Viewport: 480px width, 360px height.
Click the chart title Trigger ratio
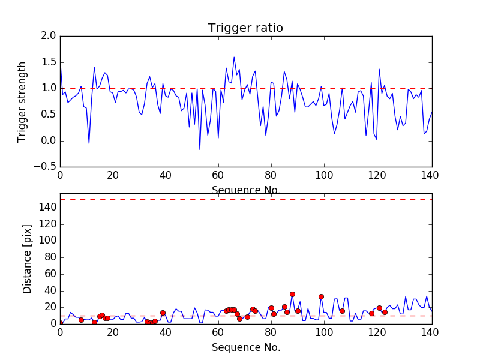click(245, 28)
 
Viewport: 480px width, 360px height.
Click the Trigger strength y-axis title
click(22, 102)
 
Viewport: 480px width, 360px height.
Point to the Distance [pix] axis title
click(27, 259)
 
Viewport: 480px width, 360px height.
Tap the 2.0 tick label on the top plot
click(49, 36)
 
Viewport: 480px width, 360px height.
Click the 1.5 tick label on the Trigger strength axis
click(49, 62)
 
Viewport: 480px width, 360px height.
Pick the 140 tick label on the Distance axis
click(47, 208)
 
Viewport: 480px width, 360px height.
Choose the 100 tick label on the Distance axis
click(47, 241)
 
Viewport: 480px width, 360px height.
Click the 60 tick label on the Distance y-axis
click(50, 274)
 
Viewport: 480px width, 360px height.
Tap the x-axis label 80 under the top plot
click(271, 175)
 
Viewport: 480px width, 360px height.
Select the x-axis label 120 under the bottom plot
click(377, 332)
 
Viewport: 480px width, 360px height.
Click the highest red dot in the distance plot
click(292, 294)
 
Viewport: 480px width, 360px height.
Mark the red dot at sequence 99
click(321, 296)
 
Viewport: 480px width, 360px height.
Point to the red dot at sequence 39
click(163, 313)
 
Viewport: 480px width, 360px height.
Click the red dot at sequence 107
click(342, 311)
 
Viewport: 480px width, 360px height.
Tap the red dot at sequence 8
click(81, 320)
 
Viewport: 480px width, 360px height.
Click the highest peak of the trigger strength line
click(234, 57)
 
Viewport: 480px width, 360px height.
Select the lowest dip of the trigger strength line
click(200, 149)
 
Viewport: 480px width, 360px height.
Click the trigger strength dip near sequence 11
click(89, 143)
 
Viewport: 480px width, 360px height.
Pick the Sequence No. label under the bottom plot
click(246, 347)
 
